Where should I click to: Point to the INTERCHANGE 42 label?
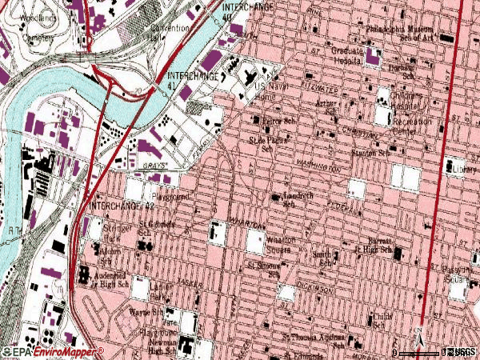(121, 206)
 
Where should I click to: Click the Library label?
(463, 170)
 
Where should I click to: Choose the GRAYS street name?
(154, 166)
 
